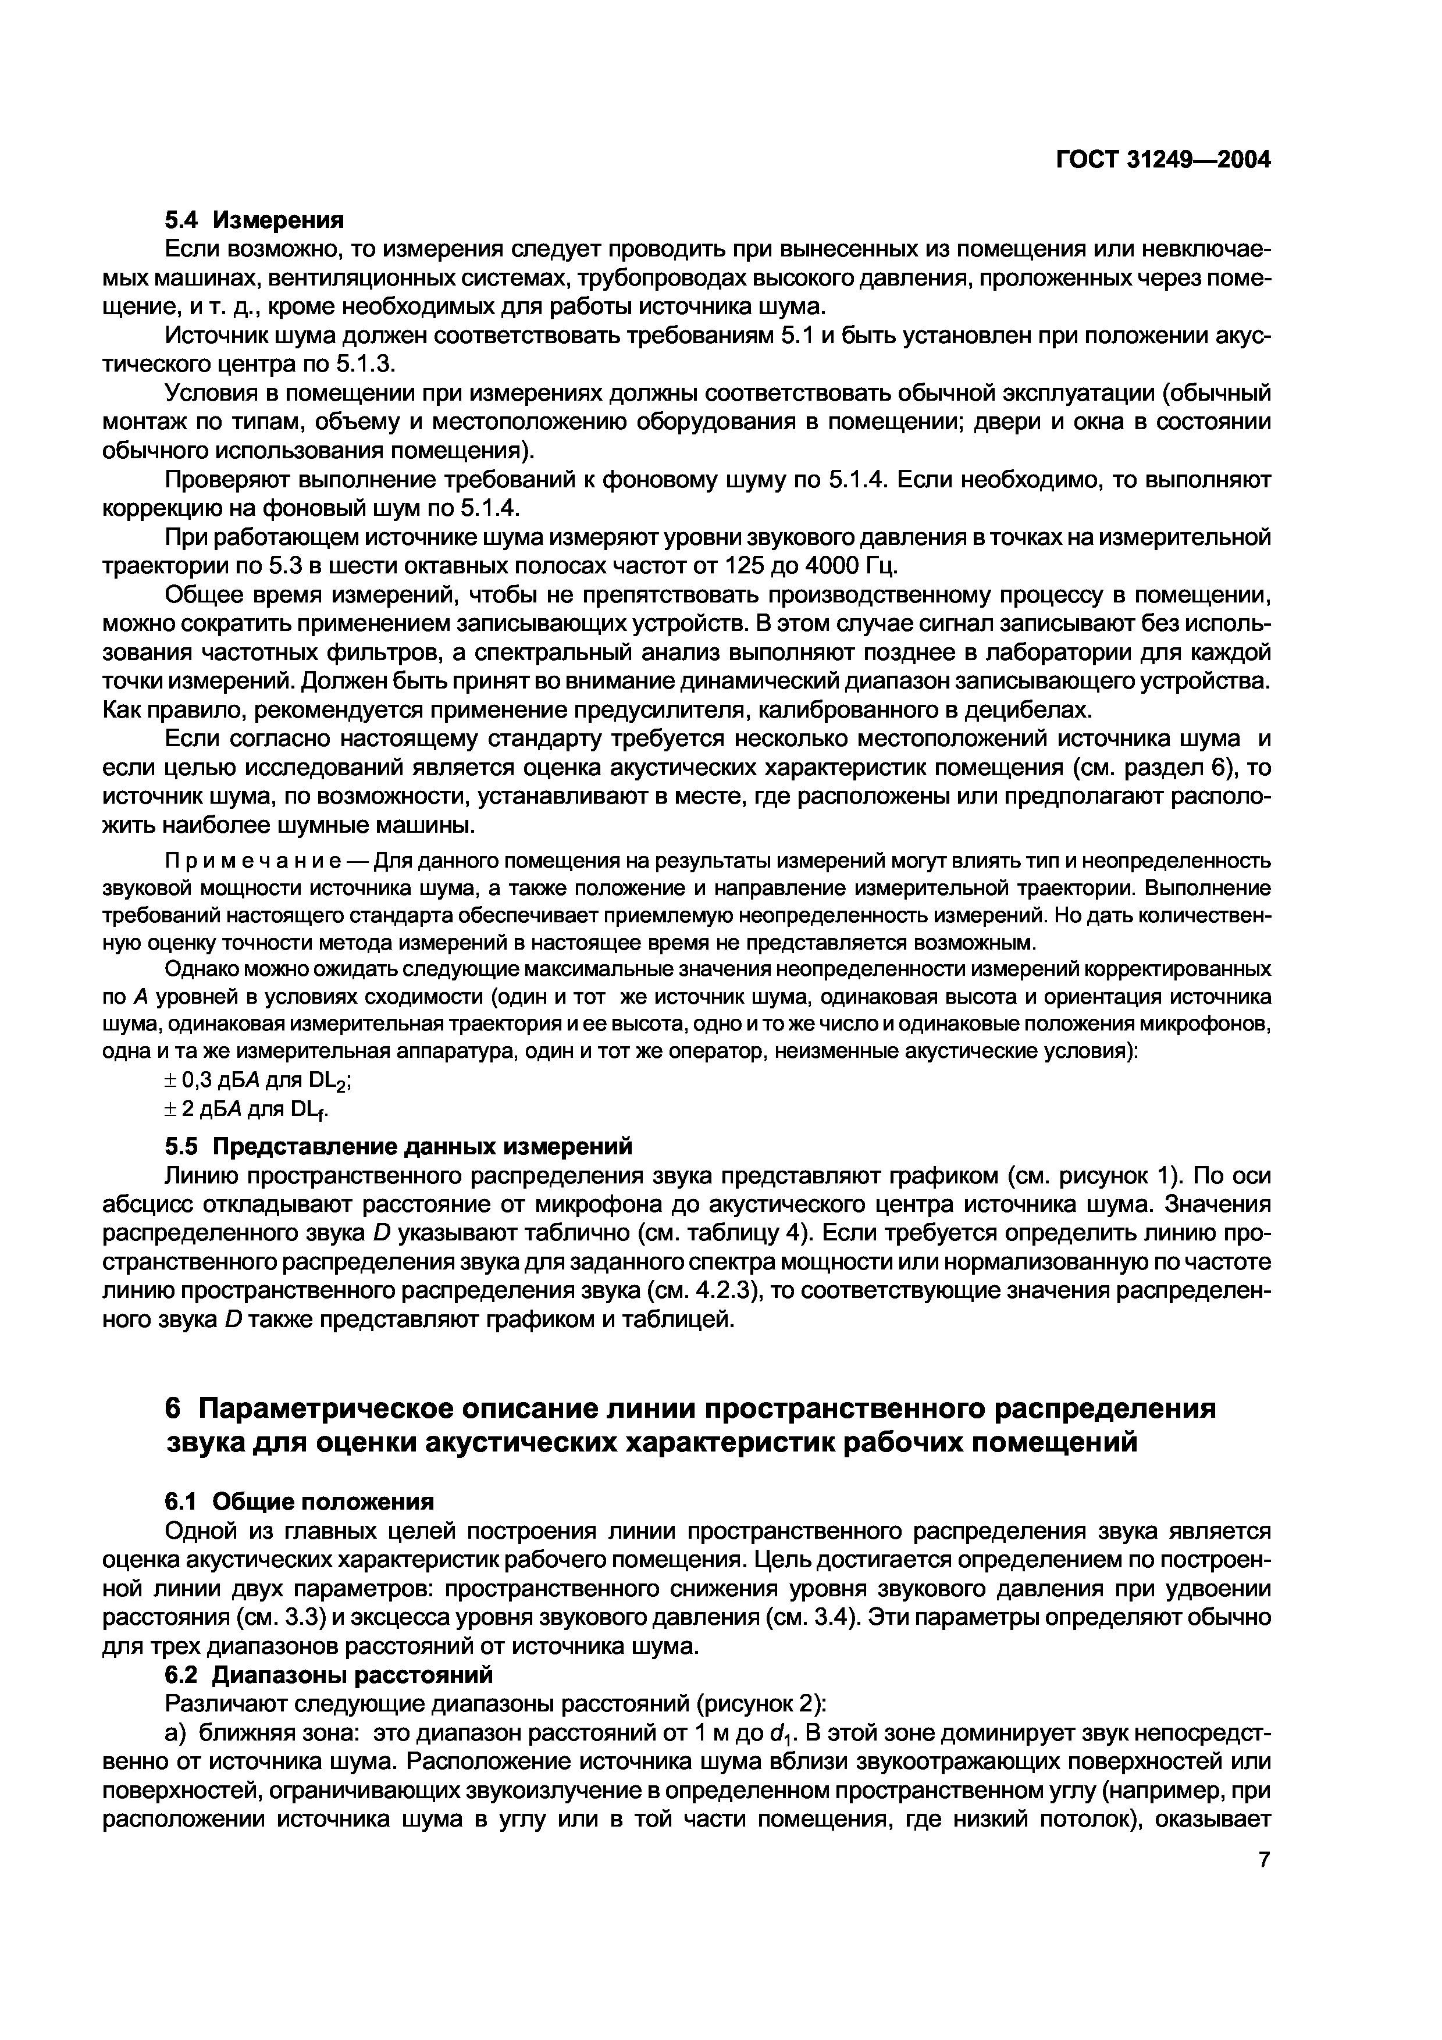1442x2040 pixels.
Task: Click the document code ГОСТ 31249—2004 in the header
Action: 1164,160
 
